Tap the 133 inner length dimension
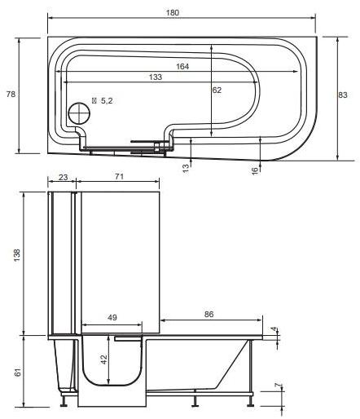[x=155, y=77]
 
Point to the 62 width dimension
[x=217, y=90]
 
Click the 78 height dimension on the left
[x=11, y=95]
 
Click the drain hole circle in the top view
[x=80, y=113]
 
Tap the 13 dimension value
[x=187, y=167]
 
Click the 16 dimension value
[x=255, y=169]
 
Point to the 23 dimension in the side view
[x=63, y=177]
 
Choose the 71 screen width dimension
[x=119, y=177]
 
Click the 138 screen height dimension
[x=17, y=254]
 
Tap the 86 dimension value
[x=210, y=313]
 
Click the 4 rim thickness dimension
[x=274, y=331]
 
